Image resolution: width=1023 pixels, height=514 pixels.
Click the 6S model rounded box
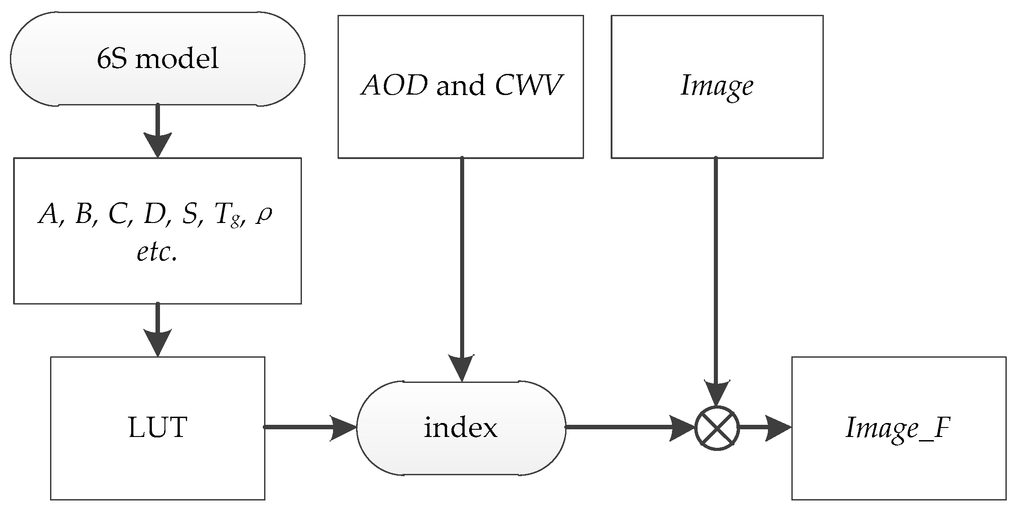coord(157,59)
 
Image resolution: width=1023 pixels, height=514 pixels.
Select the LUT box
coord(157,428)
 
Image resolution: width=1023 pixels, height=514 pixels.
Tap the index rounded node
coord(461,428)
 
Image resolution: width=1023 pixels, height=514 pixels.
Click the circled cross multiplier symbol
coord(717,428)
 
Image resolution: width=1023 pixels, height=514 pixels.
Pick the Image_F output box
coord(899,428)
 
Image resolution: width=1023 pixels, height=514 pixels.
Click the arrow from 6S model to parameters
coord(157,131)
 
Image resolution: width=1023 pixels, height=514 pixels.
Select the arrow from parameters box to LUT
coord(157,330)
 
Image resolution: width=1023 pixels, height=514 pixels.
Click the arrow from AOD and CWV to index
coord(462,270)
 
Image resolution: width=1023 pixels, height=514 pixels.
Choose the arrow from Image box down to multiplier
coord(716,279)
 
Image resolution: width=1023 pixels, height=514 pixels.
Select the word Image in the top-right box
coord(717,86)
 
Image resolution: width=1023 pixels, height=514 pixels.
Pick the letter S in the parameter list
coord(189,214)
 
